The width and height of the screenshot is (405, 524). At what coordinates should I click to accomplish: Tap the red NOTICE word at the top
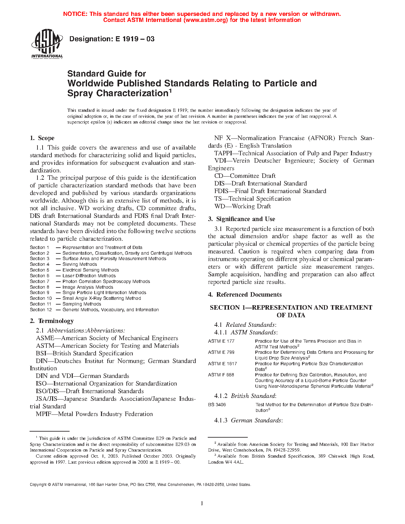75,14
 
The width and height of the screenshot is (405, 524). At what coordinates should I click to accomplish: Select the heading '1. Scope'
42,138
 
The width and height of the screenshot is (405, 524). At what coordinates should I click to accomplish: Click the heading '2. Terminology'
52,321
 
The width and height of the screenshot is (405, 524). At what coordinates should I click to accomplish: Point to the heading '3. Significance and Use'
242,219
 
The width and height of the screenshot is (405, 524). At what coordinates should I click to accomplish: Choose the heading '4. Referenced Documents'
245,295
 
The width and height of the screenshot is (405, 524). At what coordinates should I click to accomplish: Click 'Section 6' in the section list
40,276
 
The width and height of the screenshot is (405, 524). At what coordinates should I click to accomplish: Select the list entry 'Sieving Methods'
80,264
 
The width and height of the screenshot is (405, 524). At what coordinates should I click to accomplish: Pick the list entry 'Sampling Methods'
82,304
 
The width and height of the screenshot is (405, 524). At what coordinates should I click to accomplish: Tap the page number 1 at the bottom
202,503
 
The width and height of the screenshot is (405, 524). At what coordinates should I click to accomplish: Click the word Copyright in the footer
38,485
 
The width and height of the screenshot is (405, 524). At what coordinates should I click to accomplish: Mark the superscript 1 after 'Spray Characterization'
170,91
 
